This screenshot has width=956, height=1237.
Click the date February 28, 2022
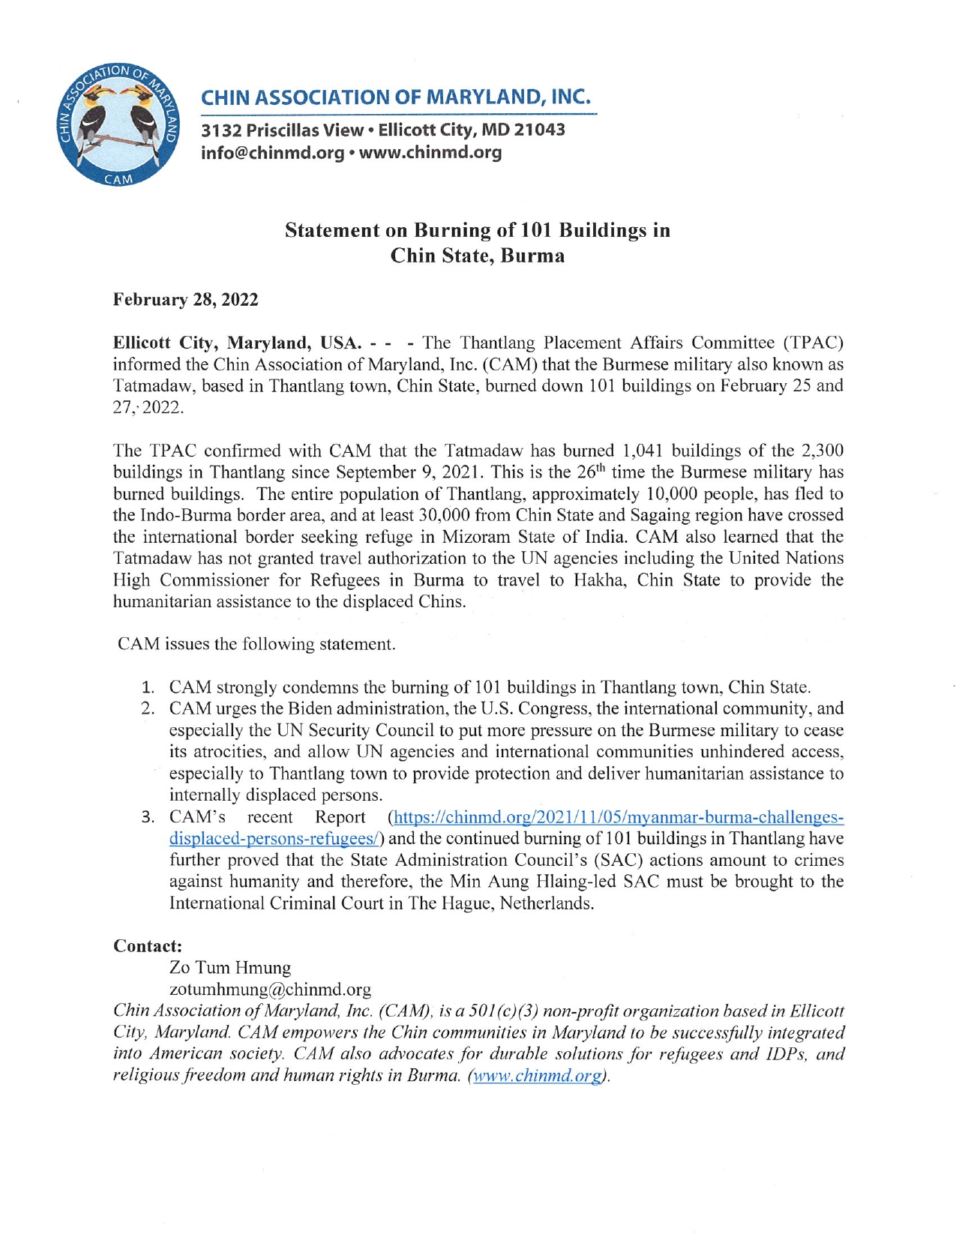[x=185, y=300]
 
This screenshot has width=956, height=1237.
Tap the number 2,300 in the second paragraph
[x=820, y=451]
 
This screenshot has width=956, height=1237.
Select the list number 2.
[x=148, y=709]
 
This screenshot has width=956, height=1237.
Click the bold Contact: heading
[x=148, y=946]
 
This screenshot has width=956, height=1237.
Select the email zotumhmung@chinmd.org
[x=270, y=990]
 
